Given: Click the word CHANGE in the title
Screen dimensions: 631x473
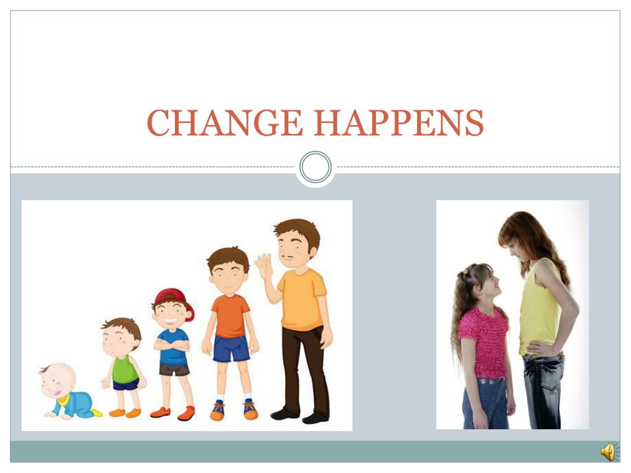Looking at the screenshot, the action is click(224, 123).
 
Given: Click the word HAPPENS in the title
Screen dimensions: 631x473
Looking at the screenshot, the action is click(399, 123).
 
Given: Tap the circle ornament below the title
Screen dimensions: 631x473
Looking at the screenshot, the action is click(315, 167).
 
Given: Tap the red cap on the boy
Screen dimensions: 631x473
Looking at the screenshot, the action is click(174, 301).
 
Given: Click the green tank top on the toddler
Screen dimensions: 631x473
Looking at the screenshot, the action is click(124, 369).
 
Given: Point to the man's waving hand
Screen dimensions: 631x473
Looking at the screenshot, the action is click(264, 265).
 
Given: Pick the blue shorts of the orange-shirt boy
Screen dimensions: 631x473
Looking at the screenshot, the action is click(231, 349).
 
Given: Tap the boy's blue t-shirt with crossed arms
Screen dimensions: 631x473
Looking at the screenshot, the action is click(173, 347).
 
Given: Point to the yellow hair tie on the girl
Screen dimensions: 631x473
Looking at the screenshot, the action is click(465, 271).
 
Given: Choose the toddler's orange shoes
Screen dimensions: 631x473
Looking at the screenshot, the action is click(125, 413).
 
